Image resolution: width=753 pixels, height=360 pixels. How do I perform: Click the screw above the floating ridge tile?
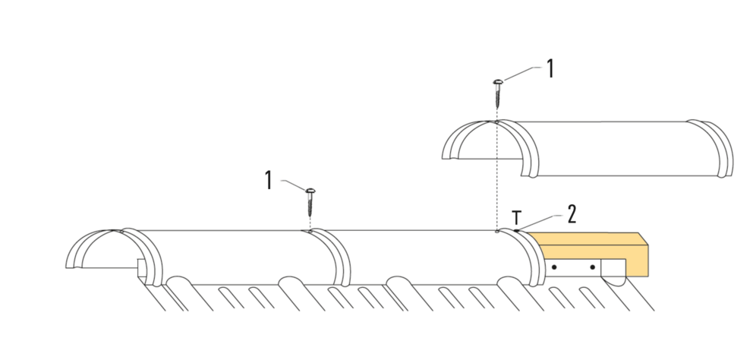click(x=497, y=93)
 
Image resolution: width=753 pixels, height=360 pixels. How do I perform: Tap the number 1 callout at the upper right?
click(x=550, y=70)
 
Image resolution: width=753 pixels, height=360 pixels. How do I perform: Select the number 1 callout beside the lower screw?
click(x=269, y=180)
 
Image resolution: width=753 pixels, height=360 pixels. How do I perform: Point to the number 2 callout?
click(x=572, y=213)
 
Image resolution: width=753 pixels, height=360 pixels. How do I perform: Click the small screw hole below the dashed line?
click(x=496, y=232)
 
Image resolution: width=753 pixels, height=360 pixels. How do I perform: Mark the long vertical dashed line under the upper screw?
click(x=496, y=175)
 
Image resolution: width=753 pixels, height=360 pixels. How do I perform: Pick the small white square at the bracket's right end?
click(x=611, y=268)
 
